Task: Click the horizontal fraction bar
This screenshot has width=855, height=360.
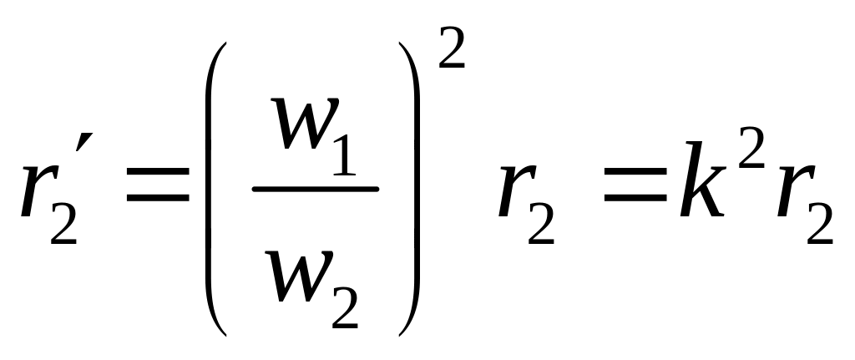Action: (316, 189)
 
